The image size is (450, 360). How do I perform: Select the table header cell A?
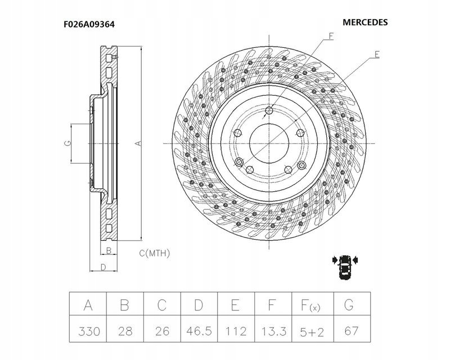(88, 305)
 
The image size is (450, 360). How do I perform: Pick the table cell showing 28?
(125, 332)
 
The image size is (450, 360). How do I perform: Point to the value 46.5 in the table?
(199, 332)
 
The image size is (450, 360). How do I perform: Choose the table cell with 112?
(236, 332)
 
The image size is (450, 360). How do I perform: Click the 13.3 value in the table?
(273, 332)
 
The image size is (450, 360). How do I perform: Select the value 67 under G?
(349, 332)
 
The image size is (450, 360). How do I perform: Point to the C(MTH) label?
(154, 253)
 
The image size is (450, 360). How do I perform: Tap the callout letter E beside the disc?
(376, 55)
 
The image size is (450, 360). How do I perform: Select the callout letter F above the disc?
(331, 37)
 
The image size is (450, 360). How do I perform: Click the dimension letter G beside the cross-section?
(67, 143)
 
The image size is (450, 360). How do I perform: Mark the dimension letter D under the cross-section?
(103, 267)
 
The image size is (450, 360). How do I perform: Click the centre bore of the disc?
(268, 142)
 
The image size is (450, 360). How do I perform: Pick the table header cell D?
(199, 305)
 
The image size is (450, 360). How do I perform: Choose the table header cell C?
(161, 305)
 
